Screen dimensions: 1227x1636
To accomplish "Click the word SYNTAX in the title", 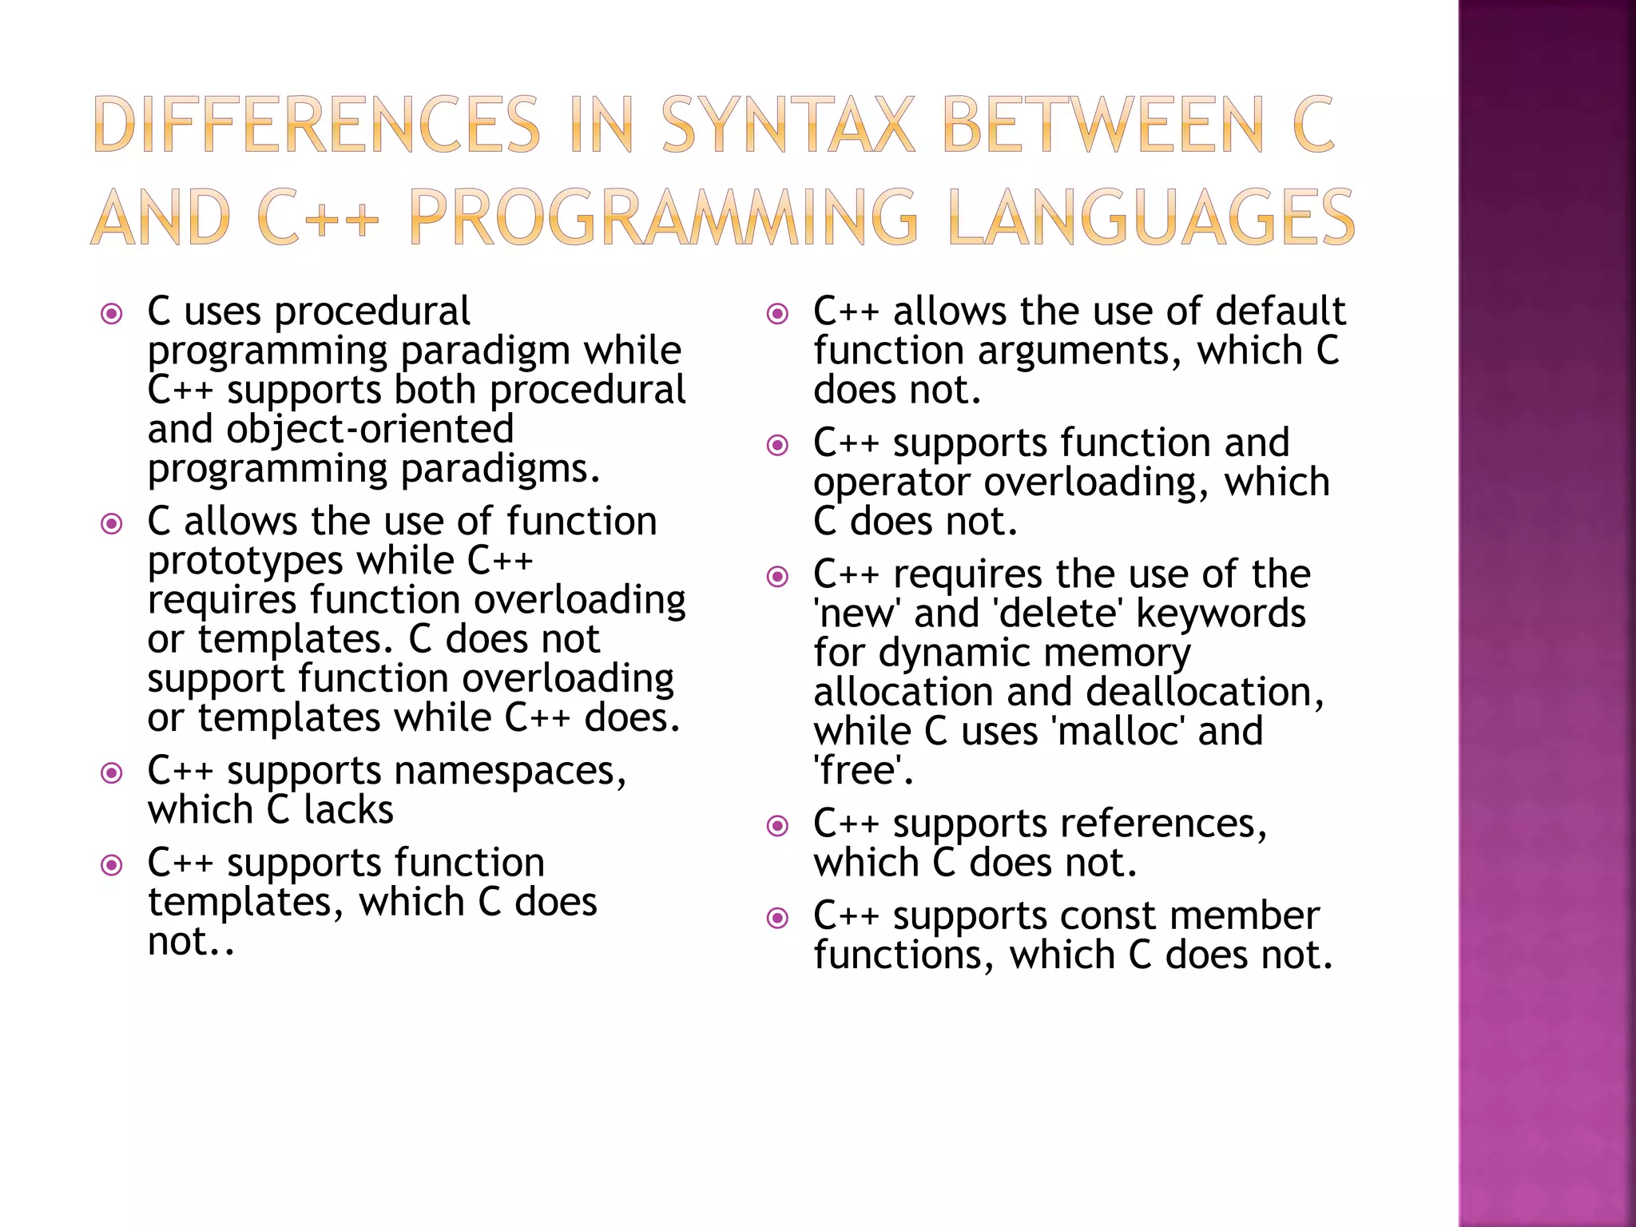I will (x=788, y=125).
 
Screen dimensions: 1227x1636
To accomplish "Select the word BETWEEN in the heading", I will (x=1104, y=125).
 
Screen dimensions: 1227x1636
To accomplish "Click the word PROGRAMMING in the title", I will (x=663, y=217).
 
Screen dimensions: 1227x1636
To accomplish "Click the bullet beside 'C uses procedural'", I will (x=112, y=313).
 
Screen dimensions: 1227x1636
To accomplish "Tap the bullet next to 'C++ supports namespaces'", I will (x=112, y=772).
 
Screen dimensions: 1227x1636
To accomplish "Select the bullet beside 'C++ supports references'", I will (x=777, y=825).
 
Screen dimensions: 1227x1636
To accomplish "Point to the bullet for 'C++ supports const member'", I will (x=777, y=918).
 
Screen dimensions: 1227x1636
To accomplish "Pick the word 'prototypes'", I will (x=245, y=562).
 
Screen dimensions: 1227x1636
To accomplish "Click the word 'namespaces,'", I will (x=510, y=772).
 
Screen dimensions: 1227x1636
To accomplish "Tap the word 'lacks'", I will (x=348, y=811).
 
